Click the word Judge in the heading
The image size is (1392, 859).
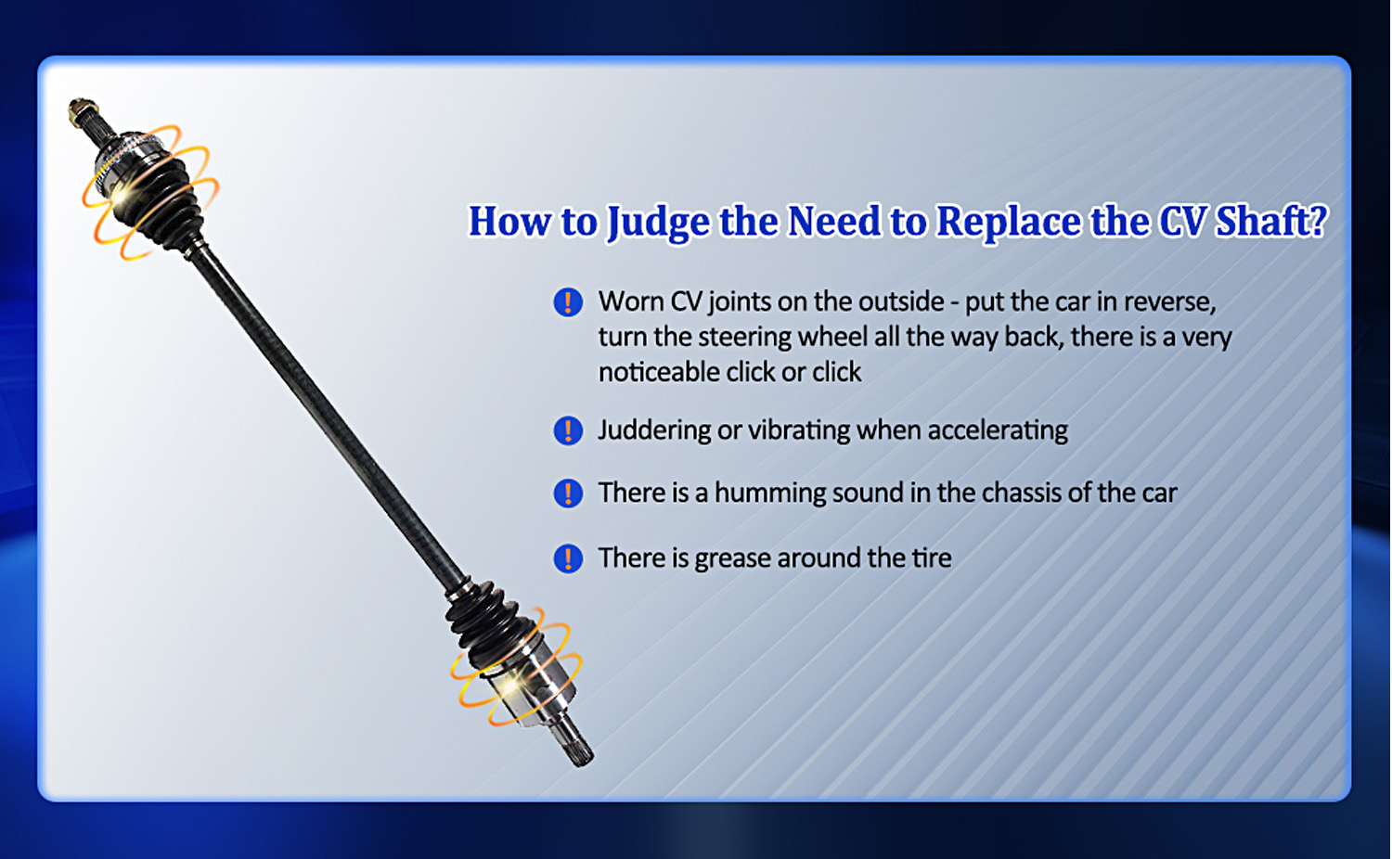(658, 221)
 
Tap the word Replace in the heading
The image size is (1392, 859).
(1009, 221)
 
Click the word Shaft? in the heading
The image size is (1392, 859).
(1271, 221)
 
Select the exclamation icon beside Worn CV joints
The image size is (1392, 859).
(568, 302)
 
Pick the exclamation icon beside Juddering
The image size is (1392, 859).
(568, 430)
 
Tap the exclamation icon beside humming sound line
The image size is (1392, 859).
(568, 494)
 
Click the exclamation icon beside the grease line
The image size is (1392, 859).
(568, 558)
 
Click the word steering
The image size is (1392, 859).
(744, 338)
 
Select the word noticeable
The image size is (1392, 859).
(658, 372)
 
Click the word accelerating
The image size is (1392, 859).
(998, 429)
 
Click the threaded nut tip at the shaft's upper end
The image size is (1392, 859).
(82, 111)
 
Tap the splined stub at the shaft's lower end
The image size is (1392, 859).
(575, 745)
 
